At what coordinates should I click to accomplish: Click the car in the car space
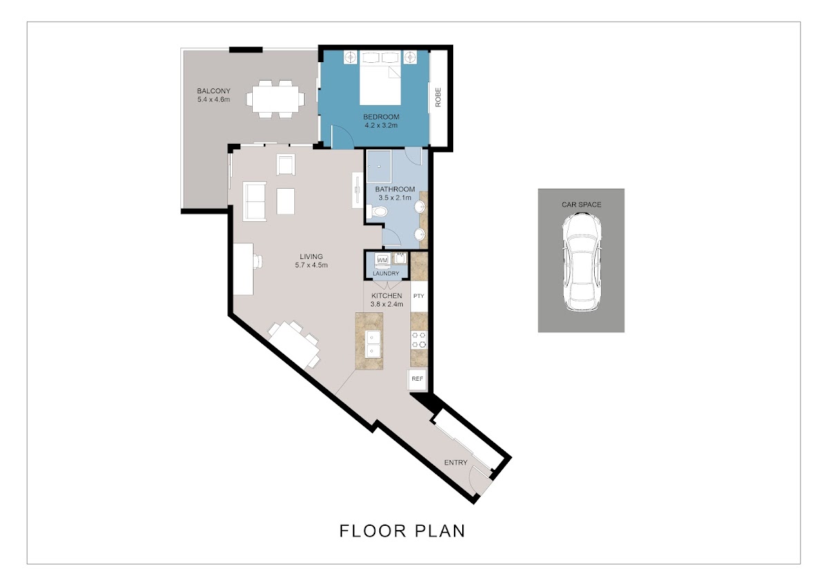[582, 262]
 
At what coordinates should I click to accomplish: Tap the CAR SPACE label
[582, 205]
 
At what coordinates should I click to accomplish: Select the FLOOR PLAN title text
[402, 531]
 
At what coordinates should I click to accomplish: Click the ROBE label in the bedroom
[438, 97]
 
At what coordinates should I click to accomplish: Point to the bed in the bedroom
[381, 77]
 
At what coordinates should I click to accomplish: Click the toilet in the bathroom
[377, 211]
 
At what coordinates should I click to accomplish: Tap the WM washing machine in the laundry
[382, 260]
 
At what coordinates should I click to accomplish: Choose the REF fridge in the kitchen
[417, 379]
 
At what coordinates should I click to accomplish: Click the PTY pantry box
[419, 296]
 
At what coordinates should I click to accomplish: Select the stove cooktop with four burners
[419, 340]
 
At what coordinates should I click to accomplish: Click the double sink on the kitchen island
[372, 344]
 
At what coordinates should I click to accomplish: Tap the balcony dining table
[276, 100]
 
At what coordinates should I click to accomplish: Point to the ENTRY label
[455, 463]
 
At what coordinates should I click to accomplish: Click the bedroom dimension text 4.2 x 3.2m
[381, 126]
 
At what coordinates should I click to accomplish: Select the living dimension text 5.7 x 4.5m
[312, 265]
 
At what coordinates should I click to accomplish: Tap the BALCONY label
[213, 91]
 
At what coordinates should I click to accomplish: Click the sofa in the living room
[255, 201]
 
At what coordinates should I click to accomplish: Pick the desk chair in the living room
[258, 261]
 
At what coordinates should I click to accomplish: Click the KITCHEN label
[387, 296]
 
